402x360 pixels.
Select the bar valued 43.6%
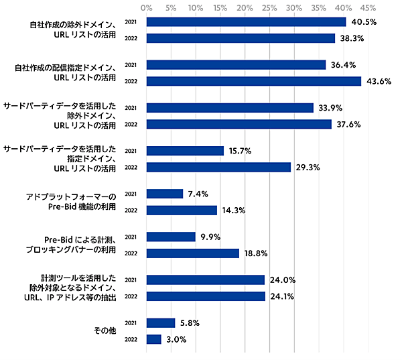coord(253,81)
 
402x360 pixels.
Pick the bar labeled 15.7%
coord(185,151)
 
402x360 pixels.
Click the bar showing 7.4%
coord(164,194)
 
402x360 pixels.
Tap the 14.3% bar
coord(181,211)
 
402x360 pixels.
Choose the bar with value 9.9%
coord(170,237)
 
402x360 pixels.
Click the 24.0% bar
coord(205,280)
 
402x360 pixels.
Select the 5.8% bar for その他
coord(160,322)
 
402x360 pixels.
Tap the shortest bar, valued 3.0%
coord(153,339)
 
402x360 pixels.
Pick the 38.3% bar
coord(240,38)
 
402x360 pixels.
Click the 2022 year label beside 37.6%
coord(131,124)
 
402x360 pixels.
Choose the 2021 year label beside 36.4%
coord(131,65)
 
